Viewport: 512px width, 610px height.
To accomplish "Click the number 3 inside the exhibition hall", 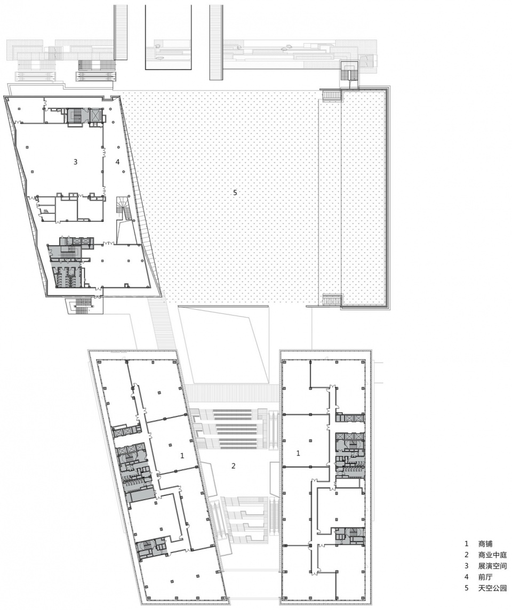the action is [x=76, y=162].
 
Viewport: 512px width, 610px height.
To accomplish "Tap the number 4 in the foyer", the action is [x=117, y=162].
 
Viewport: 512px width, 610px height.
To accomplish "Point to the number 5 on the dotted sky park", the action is [x=235, y=192].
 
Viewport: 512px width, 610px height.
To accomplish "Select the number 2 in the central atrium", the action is [x=234, y=465].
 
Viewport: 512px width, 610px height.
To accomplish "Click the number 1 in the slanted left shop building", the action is [x=182, y=455].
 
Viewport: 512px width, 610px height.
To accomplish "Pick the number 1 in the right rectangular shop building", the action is [x=299, y=453].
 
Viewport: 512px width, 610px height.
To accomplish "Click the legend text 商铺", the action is [x=485, y=543].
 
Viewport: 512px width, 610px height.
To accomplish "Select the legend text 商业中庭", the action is [x=492, y=555].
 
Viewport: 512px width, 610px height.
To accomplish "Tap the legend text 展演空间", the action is [x=492, y=566].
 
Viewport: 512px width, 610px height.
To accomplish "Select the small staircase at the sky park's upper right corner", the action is [x=332, y=95].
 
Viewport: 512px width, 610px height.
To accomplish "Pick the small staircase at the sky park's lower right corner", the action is [x=332, y=300].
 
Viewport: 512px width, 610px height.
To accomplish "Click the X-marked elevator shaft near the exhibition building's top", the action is [x=95, y=114].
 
